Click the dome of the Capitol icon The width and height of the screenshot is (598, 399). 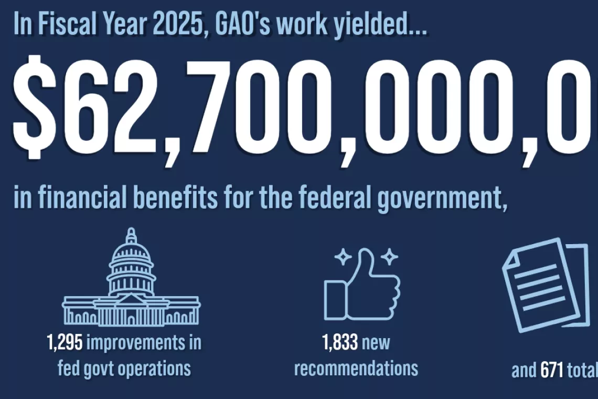coord(131,257)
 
